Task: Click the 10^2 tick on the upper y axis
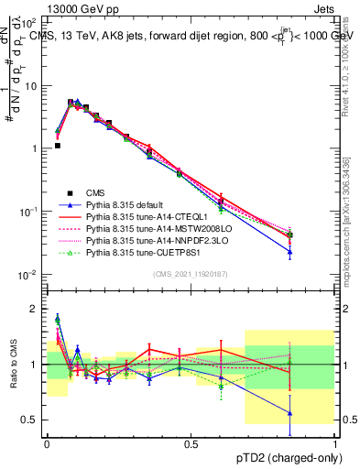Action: (x=31, y=22)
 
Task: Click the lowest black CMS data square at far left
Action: (x=58, y=145)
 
